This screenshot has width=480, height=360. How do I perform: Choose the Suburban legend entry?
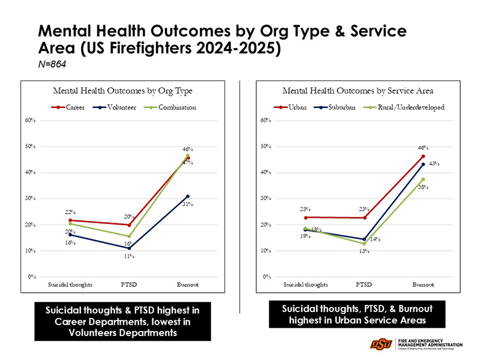(337, 107)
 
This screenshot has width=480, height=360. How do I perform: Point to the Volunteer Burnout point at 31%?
(188, 196)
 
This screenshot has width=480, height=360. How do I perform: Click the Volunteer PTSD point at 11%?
(129, 248)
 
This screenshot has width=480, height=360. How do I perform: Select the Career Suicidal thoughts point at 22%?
(70, 220)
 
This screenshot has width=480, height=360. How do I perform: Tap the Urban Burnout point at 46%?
(423, 157)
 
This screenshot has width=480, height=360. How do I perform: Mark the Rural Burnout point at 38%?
(423, 179)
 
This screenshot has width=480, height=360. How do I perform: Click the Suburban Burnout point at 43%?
(423, 164)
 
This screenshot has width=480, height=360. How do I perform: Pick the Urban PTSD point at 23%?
(364, 218)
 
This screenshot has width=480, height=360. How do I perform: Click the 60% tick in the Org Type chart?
(30, 121)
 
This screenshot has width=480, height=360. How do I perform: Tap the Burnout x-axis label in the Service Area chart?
(423, 284)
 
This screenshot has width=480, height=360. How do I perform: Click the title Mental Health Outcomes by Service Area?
(358, 91)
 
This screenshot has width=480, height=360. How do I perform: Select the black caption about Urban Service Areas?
(357, 314)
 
